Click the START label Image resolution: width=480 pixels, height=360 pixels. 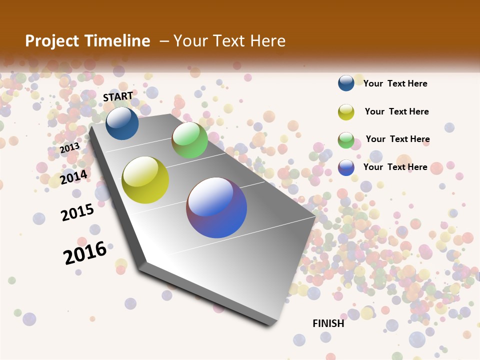(118, 96)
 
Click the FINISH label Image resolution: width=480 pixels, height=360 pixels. (328, 323)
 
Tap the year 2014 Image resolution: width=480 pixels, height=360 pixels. (74, 177)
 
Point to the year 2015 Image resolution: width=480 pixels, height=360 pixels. (77, 212)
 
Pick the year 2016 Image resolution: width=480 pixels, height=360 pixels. (85, 252)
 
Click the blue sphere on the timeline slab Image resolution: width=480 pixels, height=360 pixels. (122, 123)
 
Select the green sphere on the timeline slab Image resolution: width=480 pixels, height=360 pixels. (189, 139)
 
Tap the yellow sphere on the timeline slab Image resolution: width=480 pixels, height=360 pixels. (145, 180)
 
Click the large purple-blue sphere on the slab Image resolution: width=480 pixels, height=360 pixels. (216, 207)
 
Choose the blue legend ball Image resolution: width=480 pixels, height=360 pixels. (346, 83)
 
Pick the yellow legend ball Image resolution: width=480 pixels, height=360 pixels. (346, 112)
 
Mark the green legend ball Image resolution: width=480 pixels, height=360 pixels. (346, 140)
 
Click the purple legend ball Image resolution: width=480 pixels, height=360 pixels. (346, 167)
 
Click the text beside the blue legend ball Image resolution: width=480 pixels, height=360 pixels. (395, 83)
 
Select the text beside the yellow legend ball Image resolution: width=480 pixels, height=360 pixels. (396, 111)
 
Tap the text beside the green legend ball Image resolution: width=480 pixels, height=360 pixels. (397, 139)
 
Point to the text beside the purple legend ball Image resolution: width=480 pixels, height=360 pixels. (395, 167)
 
